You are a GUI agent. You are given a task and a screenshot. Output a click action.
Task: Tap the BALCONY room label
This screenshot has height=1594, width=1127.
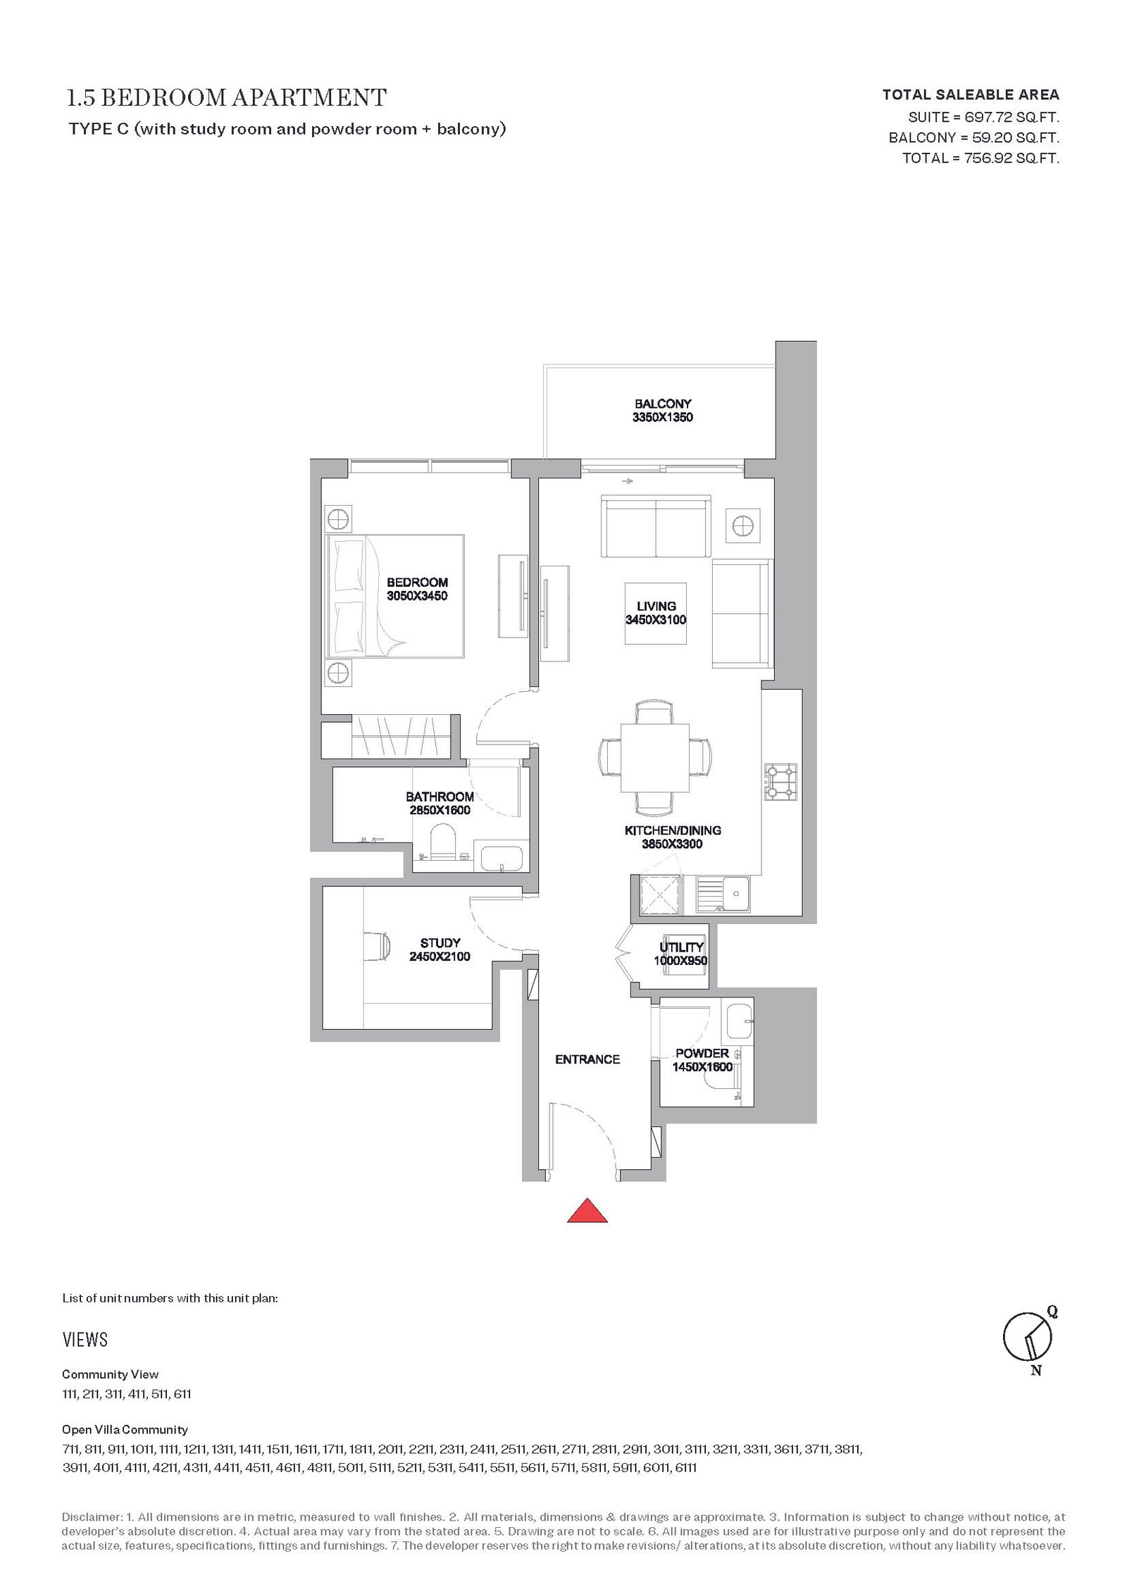[662, 404]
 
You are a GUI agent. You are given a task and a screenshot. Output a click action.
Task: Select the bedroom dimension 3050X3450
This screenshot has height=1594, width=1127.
[417, 596]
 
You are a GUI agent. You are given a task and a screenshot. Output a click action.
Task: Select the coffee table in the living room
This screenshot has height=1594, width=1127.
[656, 614]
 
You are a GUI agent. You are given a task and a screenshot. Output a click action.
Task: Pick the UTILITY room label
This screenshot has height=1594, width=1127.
[681, 947]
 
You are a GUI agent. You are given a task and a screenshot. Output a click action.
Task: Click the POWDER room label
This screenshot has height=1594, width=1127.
[702, 1053]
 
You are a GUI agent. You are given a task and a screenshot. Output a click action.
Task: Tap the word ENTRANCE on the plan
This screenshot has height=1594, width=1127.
[587, 1059]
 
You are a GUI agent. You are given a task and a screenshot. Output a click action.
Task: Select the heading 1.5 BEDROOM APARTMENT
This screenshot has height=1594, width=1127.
[226, 97]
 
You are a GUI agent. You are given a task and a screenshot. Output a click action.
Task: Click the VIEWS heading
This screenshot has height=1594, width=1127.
[85, 1340]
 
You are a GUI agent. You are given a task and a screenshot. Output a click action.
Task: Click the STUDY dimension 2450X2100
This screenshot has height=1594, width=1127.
[440, 956]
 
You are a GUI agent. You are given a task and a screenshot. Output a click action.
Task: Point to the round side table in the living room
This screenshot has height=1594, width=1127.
[742, 525]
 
